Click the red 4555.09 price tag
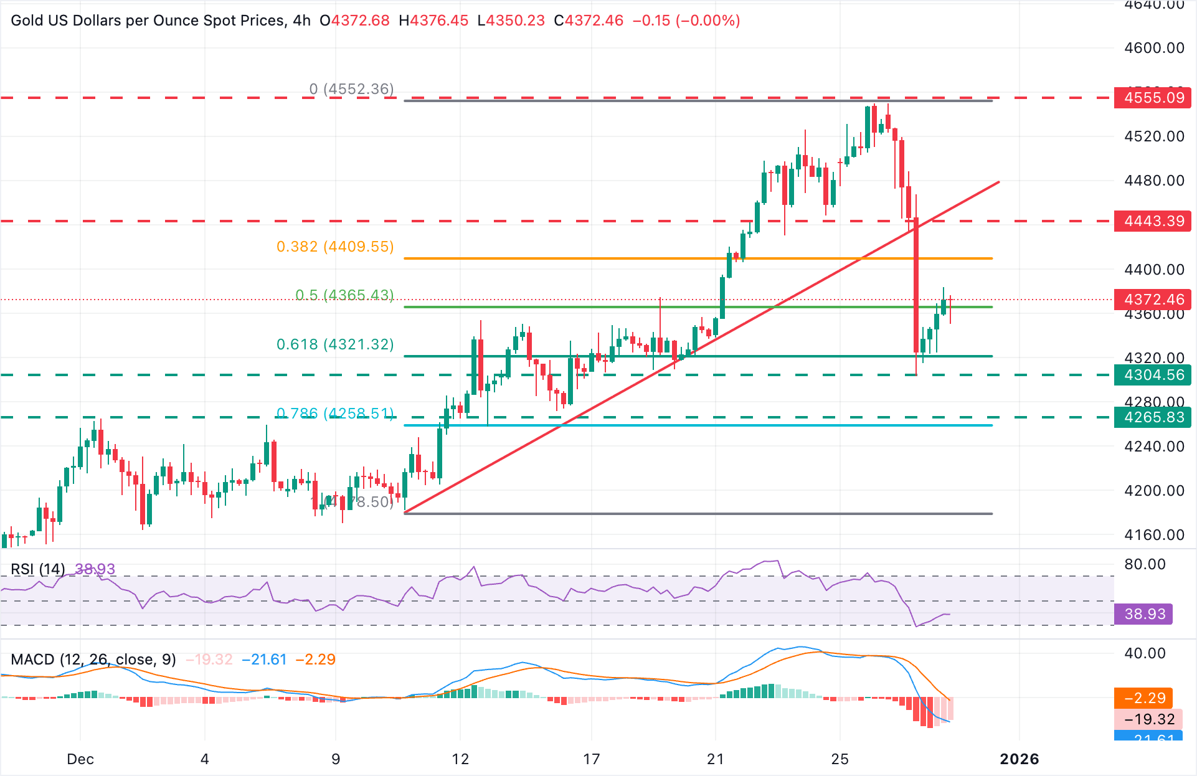pyautogui.click(x=1153, y=98)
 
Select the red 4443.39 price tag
pyautogui.click(x=1153, y=221)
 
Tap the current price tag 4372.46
pyautogui.click(x=1153, y=300)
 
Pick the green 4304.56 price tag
pyautogui.click(x=1153, y=375)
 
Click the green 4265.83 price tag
pyautogui.click(x=1153, y=417)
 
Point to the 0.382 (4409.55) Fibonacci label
pyautogui.click(x=335, y=247)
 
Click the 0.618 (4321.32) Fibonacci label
pyautogui.click(x=335, y=344)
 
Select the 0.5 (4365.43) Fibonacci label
pyautogui.click(x=344, y=295)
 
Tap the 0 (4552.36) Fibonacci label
pyautogui.click(x=351, y=89)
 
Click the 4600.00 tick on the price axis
pyautogui.click(x=1154, y=48)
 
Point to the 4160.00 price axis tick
pyautogui.click(x=1154, y=535)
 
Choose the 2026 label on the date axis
pyautogui.click(x=1020, y=759)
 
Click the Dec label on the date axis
pyautogui.click(x=80, y=759)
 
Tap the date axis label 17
pyautogui.click(x=591, y=759)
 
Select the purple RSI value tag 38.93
pyautogui.click(x=1144, y=614)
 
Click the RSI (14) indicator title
pyautogui.click(x=38, y=569)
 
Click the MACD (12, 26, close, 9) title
pyautogui.click(x=93, y=660)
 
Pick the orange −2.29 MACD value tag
pyautogui.click(x=1144, y=698)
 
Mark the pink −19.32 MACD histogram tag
pyautogui.click(x=1149, y=719)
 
